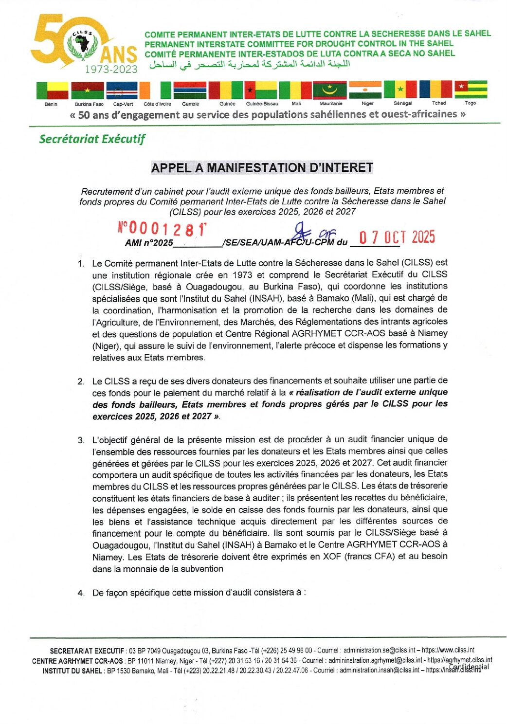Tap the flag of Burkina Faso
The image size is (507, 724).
(x=88, y=90)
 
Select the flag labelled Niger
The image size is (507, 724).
(x=365, y=90)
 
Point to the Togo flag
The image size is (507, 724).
(x=471, y=90)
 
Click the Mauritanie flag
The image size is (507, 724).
(x=329, y=90)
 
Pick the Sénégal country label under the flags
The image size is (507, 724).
(x=402, y=103)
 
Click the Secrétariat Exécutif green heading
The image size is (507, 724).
(x=92, y=139)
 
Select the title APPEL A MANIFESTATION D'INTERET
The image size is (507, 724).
(x=262, y=168)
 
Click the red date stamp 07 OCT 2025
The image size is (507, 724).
(x=397, y=237)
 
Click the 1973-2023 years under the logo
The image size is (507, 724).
(x=111, y=69)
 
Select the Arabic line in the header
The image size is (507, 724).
(x=249, y=64)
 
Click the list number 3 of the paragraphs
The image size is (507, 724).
(x=81, y=440)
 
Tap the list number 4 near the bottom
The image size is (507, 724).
(x=81, y=593)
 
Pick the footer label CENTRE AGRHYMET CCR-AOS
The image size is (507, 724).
(x=77, y=661)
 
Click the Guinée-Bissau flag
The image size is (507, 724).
(x=261, y=90)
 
